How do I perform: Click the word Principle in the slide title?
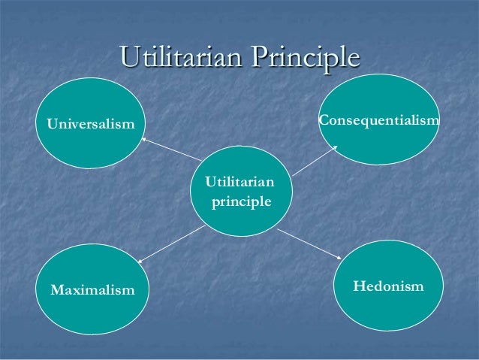(306, 59)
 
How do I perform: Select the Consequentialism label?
(379, 119)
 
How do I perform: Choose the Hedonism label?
(388, 286)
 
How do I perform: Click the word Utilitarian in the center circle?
(239, 182)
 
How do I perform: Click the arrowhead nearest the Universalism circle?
(144, 138)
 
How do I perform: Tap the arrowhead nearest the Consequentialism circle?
(334, 148)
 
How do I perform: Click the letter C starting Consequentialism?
(324, 119)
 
